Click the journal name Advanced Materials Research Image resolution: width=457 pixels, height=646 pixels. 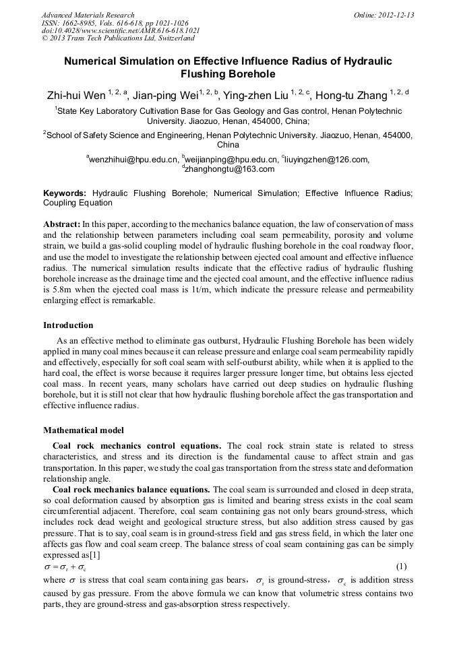click(x=88, y=15)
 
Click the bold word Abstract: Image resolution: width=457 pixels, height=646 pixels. click(x=61, y=223)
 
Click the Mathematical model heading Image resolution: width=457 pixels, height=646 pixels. click(x=84, y=430)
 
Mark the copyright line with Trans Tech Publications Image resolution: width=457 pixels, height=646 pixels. click(x=119, y=39)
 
